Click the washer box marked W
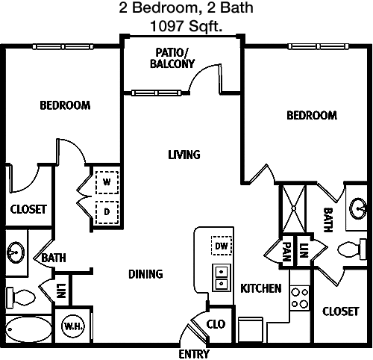107,182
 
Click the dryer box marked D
107,212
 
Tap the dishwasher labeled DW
222,246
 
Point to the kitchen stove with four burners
300,298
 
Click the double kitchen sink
222,278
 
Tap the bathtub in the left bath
28,329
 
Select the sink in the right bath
358,208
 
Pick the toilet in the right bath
351,249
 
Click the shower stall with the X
293,208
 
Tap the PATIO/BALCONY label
172,58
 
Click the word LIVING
184,155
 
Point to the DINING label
145,274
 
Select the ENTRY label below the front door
194,354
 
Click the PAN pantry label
287,252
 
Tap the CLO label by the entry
216,324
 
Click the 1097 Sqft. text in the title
186,26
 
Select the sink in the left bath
16,252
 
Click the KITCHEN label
261,288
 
